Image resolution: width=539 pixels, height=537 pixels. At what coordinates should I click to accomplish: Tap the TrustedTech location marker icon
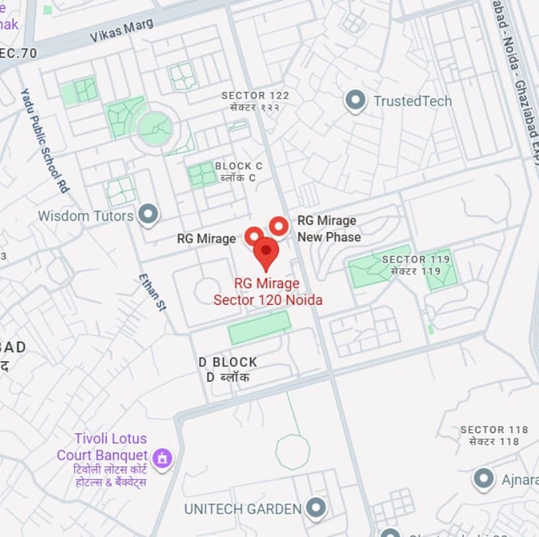(356, 101)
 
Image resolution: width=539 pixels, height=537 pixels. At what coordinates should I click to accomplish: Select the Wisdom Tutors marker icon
(148, 215)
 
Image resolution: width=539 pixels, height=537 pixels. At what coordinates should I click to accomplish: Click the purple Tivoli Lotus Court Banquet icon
(161, 457)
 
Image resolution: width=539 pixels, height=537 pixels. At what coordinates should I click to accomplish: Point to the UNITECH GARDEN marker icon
(317, 509)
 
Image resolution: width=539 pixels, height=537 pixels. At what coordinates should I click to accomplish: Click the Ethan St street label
(151, 292)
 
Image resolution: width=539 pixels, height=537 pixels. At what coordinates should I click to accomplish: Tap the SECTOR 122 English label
(255, 96)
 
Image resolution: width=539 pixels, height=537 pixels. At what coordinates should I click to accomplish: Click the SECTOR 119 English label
(415, 259)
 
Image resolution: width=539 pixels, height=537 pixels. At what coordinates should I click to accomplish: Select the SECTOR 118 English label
(494, 430)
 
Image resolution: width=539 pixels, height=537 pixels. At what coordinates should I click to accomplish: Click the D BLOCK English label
(228, 362)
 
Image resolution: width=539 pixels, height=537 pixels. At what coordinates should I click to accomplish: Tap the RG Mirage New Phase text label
(328, 229)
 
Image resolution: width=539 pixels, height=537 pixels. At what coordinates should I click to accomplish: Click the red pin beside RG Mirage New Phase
(278, 226)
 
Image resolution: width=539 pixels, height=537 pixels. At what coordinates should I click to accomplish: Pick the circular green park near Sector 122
(155, 128)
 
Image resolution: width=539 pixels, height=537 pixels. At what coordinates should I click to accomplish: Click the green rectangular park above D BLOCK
(259, 328)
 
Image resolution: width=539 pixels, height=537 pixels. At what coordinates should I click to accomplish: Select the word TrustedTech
(412, 101)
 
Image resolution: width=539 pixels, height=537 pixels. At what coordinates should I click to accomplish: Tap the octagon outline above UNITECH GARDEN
(292, 452)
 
